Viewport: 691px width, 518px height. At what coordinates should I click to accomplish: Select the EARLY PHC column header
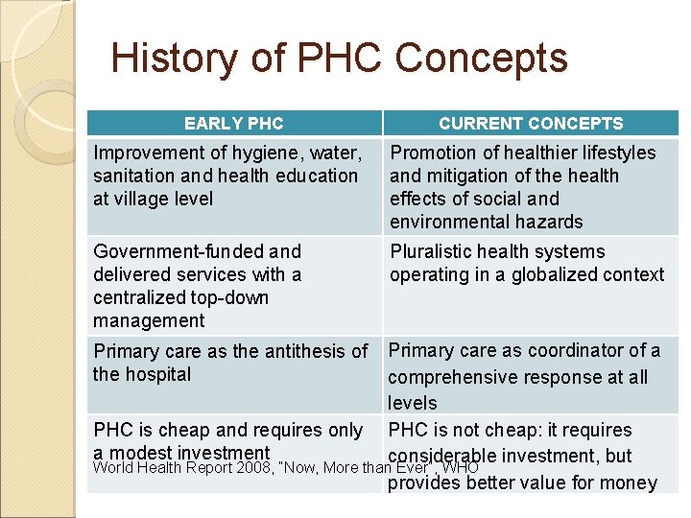click(x=233, y=123)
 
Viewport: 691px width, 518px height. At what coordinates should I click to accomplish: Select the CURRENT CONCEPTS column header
click(x=531, y=123)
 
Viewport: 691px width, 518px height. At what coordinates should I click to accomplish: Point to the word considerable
click(x=442, y=457)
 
